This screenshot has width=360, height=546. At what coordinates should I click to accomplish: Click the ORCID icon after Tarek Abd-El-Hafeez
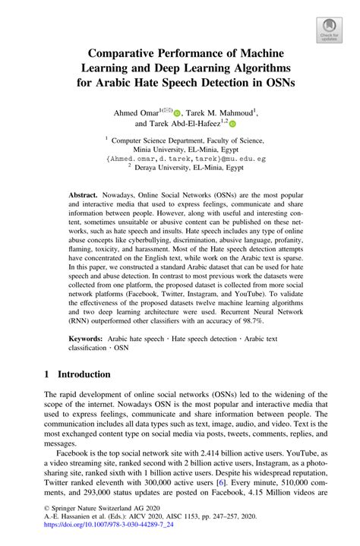233,124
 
